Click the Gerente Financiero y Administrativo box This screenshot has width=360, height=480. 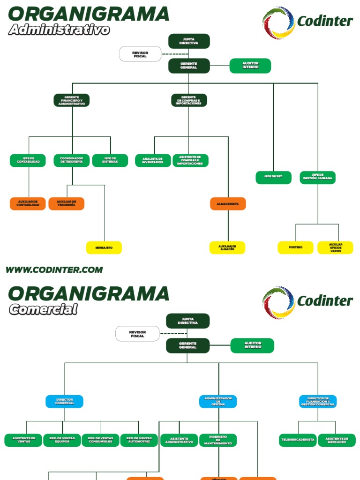click(72, 100)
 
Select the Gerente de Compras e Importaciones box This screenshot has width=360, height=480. click(189, 100)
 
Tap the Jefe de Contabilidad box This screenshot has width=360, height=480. click(28, 160)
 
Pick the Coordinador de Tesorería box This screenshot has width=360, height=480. click(72, 160)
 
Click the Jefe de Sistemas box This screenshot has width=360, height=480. click(110, 160)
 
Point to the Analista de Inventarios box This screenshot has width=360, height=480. click(153, 160)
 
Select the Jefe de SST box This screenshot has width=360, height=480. click(274, 178)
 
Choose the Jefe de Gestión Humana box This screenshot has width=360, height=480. click(318, 178)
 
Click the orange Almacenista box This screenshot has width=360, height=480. click(228, 203)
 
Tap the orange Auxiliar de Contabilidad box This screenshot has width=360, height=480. click(28, 203)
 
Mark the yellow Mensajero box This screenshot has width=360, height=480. click(104, 247)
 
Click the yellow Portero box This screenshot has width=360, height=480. click(295, 247)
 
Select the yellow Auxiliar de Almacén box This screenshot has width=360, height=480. click(227, 247)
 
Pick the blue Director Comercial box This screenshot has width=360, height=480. click(65, 401)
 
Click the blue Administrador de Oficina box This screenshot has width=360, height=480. click(218, 401)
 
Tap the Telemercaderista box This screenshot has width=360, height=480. click(298, 440)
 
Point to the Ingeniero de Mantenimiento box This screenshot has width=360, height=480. click(218, 440)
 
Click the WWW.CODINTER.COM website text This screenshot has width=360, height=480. click(54, 270)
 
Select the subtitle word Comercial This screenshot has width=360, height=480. click(43, 309)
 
